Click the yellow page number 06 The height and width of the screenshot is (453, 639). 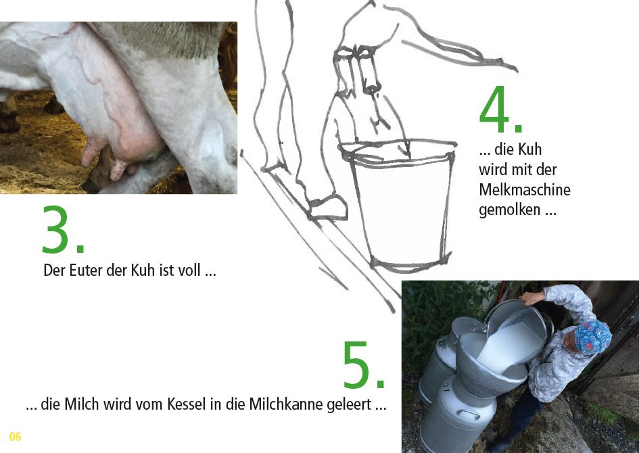click(x=15, y=437)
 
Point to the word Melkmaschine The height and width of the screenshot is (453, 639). click(x=525, y=190)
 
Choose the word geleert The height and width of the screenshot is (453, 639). click(x=349, y=405)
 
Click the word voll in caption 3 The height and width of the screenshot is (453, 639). click(x=189, y=270)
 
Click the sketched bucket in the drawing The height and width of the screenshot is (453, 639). click(x=400, y=204)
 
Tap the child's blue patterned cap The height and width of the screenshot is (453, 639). click(x=592, y=336)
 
